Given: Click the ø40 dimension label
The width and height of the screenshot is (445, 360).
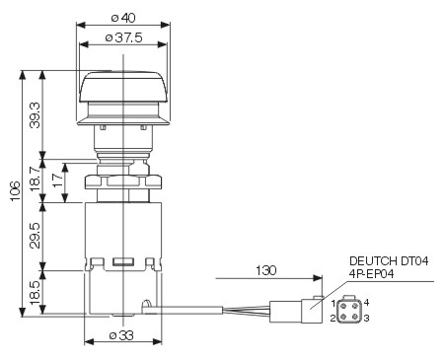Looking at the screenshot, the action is pos(123,18).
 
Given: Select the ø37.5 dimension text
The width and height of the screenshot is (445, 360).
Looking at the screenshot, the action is pos(123,37).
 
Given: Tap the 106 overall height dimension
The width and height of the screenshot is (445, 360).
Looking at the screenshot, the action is pos(14,191).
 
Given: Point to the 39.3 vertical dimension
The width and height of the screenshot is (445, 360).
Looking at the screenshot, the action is pos(35,114).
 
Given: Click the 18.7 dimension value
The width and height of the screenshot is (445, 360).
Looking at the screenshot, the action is pos(35,179).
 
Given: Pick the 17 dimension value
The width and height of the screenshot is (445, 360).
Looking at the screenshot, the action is pos(58,180).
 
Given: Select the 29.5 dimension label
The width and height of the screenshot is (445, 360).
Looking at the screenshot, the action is pos(35,236).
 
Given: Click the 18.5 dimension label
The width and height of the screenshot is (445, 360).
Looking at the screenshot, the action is pos(35,292).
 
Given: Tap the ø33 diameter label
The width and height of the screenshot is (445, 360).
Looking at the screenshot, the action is pos(121,335).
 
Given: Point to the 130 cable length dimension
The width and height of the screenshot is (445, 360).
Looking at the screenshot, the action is pos(266,270).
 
